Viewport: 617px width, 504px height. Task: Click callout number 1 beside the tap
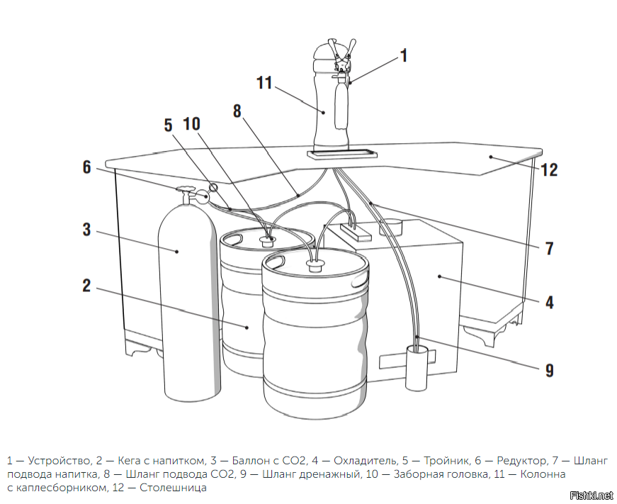coord(404,55)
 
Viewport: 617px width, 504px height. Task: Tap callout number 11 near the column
coord(264,83)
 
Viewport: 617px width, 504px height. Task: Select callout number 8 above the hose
coord(237,111)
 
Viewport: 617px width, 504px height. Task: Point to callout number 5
coord(168,125)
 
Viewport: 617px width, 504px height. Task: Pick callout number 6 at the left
coord(86,167)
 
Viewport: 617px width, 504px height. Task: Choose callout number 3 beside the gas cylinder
coord(86,230)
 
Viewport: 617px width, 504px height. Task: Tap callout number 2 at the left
coord(86,285)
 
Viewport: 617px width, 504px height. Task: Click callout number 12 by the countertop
coord(549,170)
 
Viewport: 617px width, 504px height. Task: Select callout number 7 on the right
coord(549,249)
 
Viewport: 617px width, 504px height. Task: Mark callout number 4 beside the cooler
coord(549,302)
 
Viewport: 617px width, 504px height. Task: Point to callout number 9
coord(549,369)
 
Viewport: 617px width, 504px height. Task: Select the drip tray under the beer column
coord(341,152)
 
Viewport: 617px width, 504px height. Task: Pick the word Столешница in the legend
coord(173,488)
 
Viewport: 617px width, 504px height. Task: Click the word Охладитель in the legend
coord(364,461)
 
